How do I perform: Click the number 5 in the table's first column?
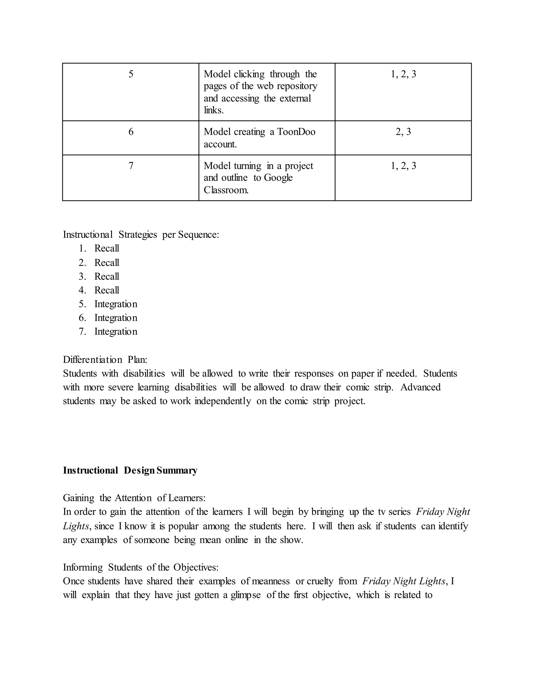[x=131, y=74]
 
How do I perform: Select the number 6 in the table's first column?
[x=131, y=132]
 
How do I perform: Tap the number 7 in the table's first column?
[x=131, y=166]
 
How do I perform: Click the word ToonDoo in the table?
[x=296, y=132]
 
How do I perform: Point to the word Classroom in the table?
[x=226, y=190]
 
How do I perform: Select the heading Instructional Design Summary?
[x=130, y=470]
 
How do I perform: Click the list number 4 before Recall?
[x=82, y=290]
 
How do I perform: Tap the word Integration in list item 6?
[x=116, y=318]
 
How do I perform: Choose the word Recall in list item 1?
[x=107, y=248]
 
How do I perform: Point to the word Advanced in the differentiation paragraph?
[x=420, y=387]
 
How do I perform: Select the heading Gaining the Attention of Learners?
[x=134, y=498]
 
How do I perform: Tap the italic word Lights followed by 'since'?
[x=76, y=526]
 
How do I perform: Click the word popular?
[x=183, y=526]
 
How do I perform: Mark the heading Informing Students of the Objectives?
[x=141, y=567]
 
